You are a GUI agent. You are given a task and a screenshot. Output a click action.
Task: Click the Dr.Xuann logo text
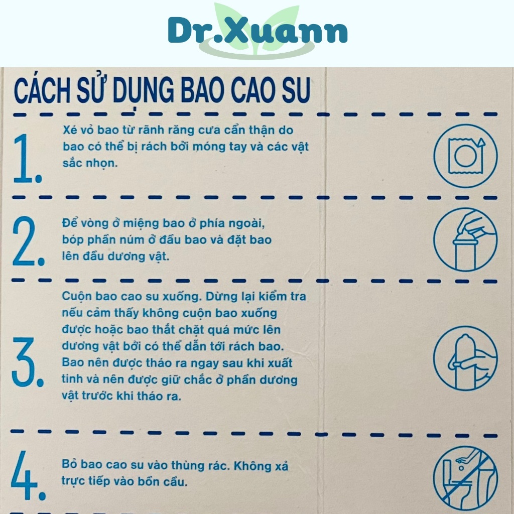pyautogui.click(x=258, y=31)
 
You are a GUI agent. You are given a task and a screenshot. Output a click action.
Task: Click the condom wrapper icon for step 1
pyautogui.click(x=465, y=156)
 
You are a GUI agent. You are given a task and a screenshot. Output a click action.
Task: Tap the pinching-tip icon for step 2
pyautogui.click(x=465, y=239)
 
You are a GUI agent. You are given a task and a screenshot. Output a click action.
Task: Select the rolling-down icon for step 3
pyautogui.click(x=465, y=357)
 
